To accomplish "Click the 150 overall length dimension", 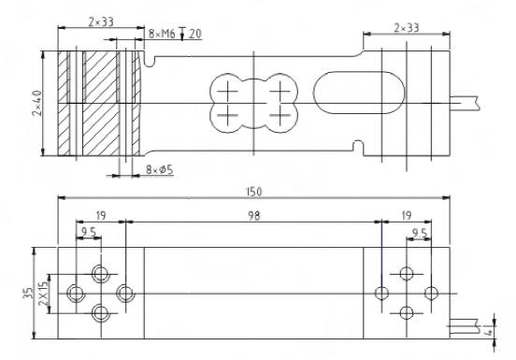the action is coord(253,192).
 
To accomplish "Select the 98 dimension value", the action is coord(253,216).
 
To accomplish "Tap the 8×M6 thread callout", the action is coord(162,34).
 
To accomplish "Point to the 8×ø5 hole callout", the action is coord(159,170).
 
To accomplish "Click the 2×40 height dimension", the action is coord(37,103).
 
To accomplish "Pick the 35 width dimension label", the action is coord(28,293).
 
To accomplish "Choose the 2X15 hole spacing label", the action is coord(43,294).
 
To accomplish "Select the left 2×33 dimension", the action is coord(101,22).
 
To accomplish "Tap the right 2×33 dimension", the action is coord(407,28).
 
